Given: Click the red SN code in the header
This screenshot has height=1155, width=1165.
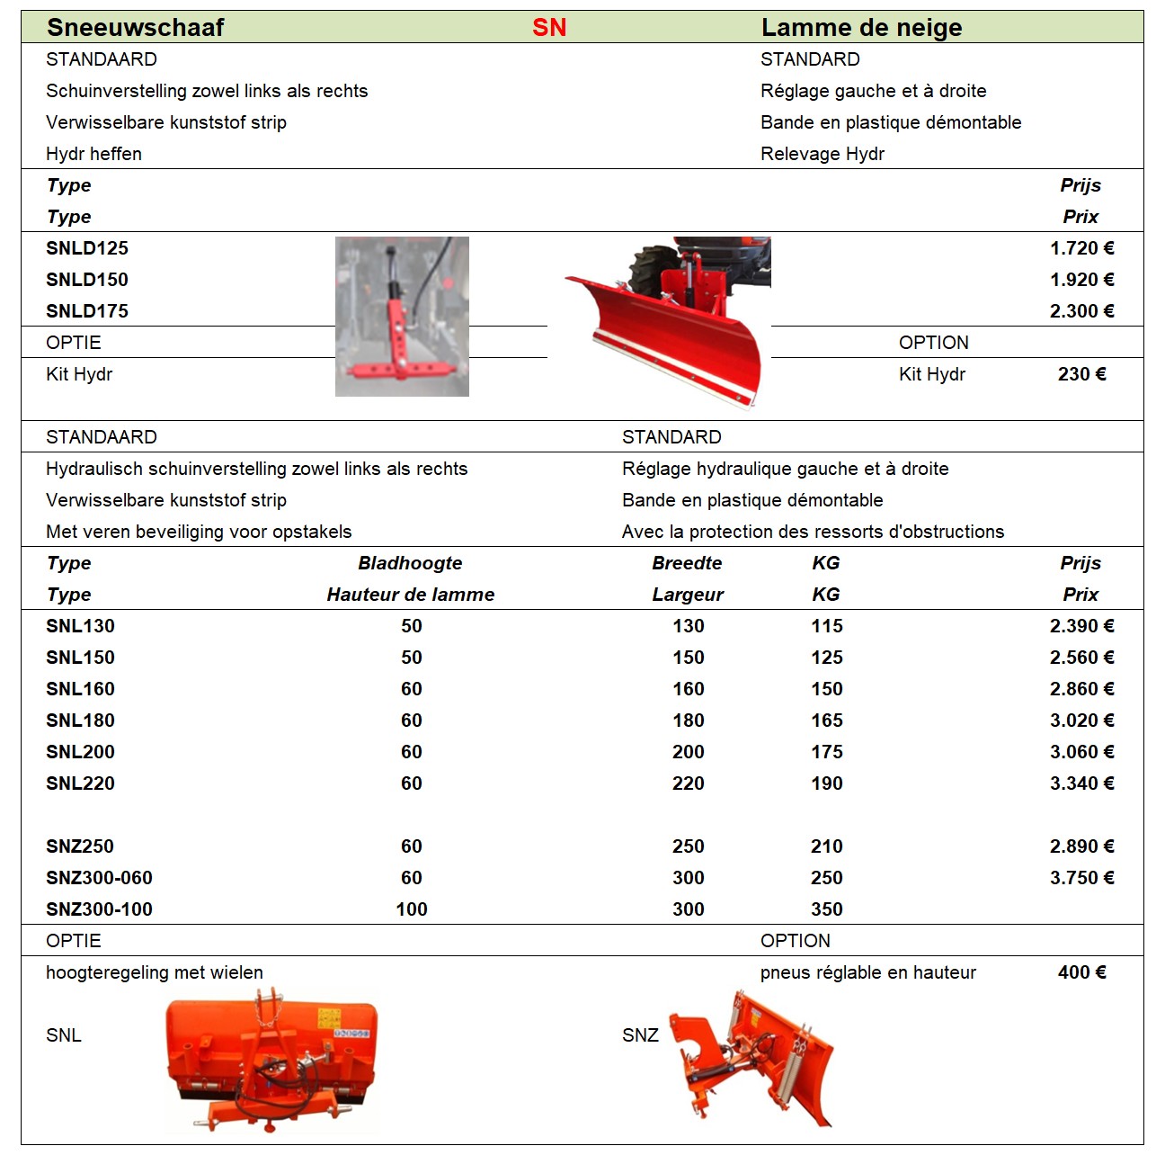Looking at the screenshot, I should (x=549, y=28).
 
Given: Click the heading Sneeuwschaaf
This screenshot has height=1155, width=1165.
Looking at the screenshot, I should (x=135, y=28).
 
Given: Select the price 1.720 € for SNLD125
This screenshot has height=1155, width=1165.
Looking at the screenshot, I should (x=1081, y=248).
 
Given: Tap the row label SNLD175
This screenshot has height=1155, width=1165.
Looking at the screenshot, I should (x=87, y=311).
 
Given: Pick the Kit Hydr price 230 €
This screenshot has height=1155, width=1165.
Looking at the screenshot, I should (x=1081, y=374).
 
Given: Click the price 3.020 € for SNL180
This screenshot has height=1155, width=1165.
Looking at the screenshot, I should (x=1081, y=721).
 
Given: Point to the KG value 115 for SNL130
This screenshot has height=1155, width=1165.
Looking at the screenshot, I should (x=826, y=626).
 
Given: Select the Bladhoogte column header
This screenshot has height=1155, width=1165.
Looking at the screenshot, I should (x=410, y=563).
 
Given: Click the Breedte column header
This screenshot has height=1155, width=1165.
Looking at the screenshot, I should (x=687, y=563).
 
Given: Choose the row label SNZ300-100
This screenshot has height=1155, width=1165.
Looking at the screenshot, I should (x=99, y=909).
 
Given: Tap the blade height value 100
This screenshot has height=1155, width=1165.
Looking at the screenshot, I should (x=412, y=909).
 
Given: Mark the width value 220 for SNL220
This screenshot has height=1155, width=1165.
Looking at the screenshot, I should (x=688, y=783).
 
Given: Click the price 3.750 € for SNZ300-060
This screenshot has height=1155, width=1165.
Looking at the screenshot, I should (x=1081, y=878).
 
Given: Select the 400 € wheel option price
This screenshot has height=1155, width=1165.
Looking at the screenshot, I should (x=1081, y=972).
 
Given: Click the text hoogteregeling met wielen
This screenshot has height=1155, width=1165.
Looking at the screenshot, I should (x=155, y=972).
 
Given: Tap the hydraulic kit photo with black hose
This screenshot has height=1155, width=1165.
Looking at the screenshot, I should (x=402, y=316).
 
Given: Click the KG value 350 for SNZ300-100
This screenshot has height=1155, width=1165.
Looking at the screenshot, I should (x=826, y=909).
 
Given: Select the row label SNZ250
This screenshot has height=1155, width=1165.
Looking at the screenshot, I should (x=80, y=846).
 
